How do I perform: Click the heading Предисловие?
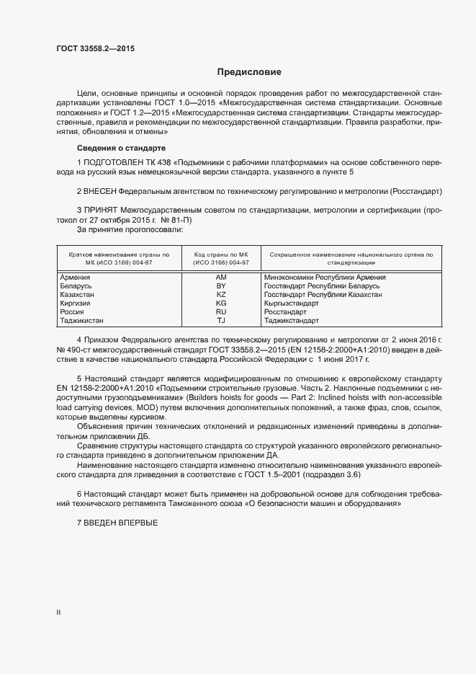coord(249,72)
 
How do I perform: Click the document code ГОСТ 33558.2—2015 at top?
coord(95,49)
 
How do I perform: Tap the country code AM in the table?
coord(221,277)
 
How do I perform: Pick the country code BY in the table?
coord(221,286)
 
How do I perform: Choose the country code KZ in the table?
coord(221,295)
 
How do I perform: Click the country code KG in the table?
coord(221,303)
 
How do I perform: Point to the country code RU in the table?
coord(221,312)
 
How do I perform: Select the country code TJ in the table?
coord(221,321)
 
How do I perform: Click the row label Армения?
coord(75,277)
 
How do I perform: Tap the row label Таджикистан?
coord(82,321)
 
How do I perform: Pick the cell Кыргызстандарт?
coord(291,303)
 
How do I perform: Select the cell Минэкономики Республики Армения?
coord(325,277)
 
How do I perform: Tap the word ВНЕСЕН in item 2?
coord(102,191)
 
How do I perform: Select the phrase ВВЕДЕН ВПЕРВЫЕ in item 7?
coord(120,522)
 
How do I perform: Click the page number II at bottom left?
coord(58,612)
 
